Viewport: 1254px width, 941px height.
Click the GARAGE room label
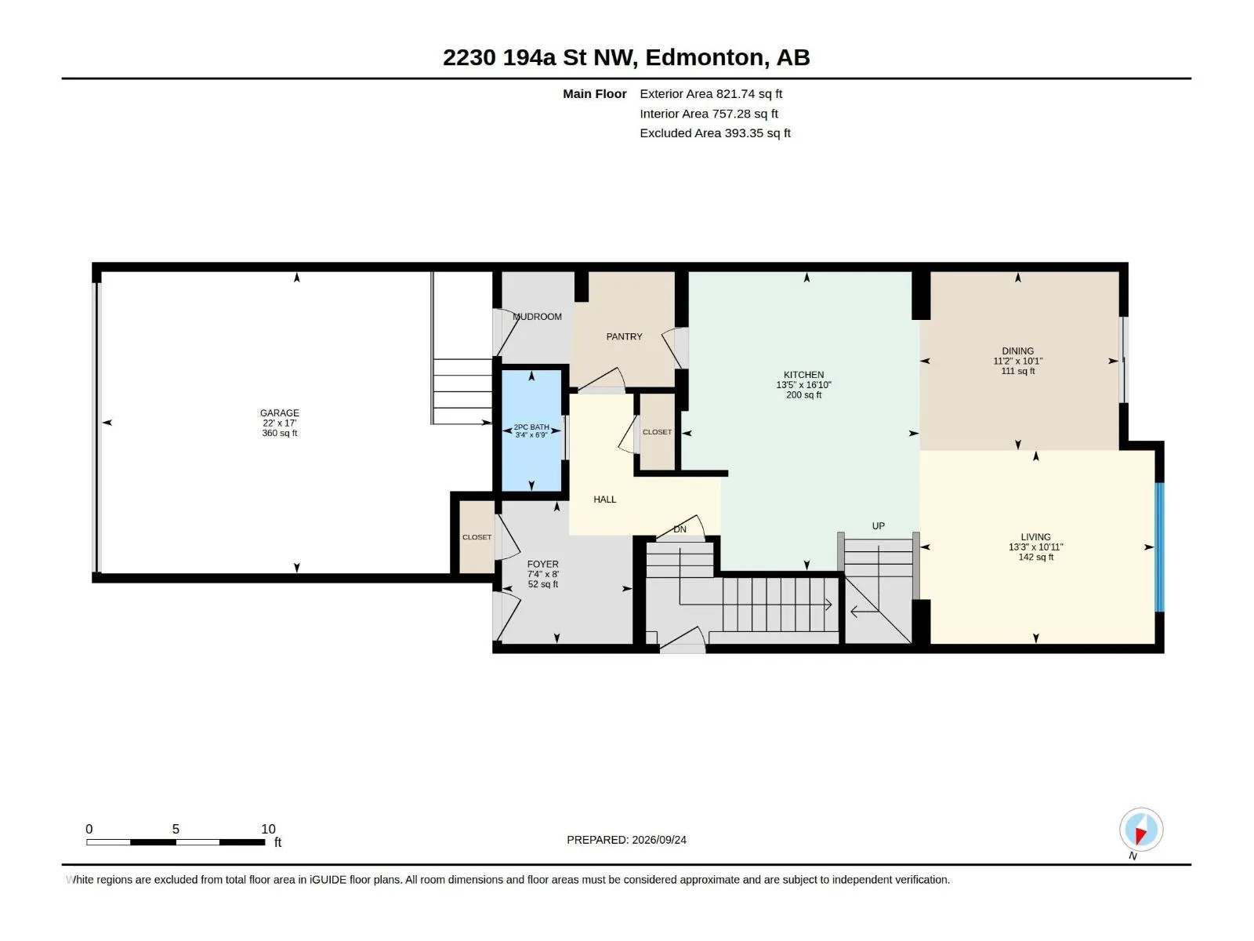click(279, 412)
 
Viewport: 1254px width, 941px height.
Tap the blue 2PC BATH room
click(531, 431)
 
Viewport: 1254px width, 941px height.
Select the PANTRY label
click(624, 336)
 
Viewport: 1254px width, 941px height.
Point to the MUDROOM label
click(537, 317)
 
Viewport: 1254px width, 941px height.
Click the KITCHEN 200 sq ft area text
click(804, 394)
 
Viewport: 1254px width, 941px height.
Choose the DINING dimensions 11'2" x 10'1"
click(1017, 361)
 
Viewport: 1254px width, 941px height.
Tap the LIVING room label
click(1036, 536)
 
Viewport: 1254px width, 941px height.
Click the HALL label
click(604, 500)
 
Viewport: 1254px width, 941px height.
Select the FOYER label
click(542, 564)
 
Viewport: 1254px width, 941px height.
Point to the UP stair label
click(878, 525)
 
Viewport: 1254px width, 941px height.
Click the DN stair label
click(680, 529)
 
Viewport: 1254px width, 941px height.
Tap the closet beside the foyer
click(477, 537)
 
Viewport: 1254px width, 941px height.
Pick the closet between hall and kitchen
click(657, 432)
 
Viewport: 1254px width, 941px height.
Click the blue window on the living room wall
click(1160, 547)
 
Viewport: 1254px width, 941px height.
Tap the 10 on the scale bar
click(269, 829)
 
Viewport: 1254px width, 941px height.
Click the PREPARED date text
click(626, 840)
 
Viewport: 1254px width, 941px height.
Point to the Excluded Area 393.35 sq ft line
click(715, 133)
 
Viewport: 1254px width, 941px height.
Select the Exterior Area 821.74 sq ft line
click(711, 93)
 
